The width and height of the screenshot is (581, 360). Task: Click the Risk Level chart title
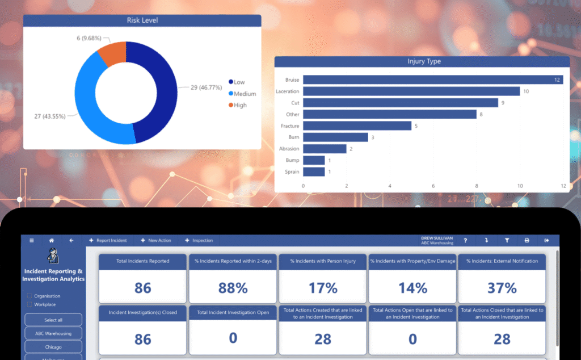(142, 20)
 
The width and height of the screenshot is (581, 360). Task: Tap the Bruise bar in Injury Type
(431, 80)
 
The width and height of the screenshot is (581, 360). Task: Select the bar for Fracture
(357, 125)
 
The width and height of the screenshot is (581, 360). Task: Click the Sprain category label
(292, 171)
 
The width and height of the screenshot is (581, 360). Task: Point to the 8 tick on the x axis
(477, 186)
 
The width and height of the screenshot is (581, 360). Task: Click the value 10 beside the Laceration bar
(526, 91)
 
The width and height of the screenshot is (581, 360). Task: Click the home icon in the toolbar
(51, 240)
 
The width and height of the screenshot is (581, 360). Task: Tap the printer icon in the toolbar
(527, 240)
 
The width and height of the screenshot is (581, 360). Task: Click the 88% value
(233, 288)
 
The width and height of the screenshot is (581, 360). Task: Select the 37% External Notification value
(502, 288)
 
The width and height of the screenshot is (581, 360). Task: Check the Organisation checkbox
(30, 296)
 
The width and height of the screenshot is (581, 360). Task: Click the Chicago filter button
(53, 346)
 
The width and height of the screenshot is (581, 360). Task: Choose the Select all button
(53, 320)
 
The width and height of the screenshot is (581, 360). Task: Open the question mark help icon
(465, 240)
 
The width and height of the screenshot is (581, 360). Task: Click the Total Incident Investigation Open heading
(233, 313)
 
